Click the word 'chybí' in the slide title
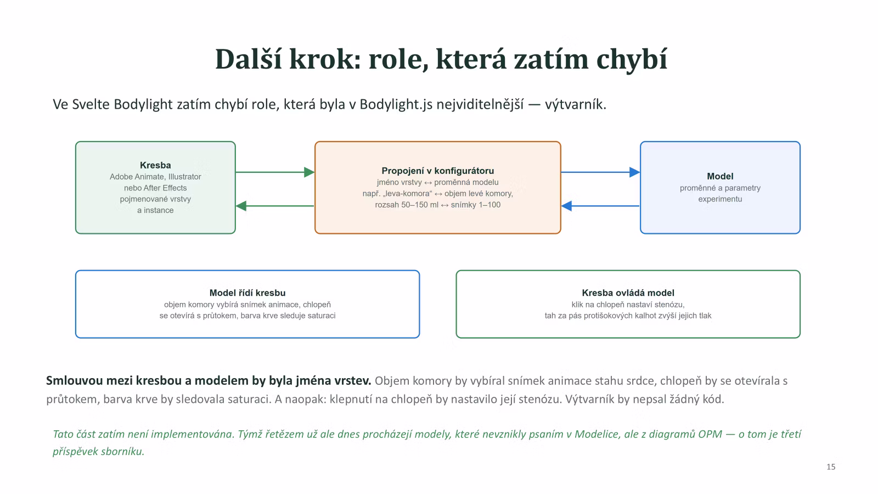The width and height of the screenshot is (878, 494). click(632, 60)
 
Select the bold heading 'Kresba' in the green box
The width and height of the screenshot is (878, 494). click(155, 165)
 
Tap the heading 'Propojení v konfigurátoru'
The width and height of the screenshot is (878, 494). click(437, 171)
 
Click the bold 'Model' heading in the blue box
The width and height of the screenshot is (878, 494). click(720, 176)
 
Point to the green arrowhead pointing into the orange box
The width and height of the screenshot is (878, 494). click(309, 172)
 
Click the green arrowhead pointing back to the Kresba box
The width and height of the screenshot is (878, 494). click(241, 206)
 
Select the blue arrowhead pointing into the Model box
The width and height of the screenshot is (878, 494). click(634, 172)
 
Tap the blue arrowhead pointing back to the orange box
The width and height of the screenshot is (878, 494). click(567, 206)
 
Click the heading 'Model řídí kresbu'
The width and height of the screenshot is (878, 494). click(247, 293)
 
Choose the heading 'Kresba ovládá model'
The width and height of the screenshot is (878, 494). click(628, 293)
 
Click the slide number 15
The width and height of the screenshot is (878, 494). click(831, 467)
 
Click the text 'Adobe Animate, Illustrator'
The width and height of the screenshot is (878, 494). click(155, 177)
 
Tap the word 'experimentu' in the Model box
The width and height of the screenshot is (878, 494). click(720, 199)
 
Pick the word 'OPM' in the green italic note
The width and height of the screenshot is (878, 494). click(710, 434)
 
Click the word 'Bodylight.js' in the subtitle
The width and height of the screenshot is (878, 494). click(396, 105)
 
